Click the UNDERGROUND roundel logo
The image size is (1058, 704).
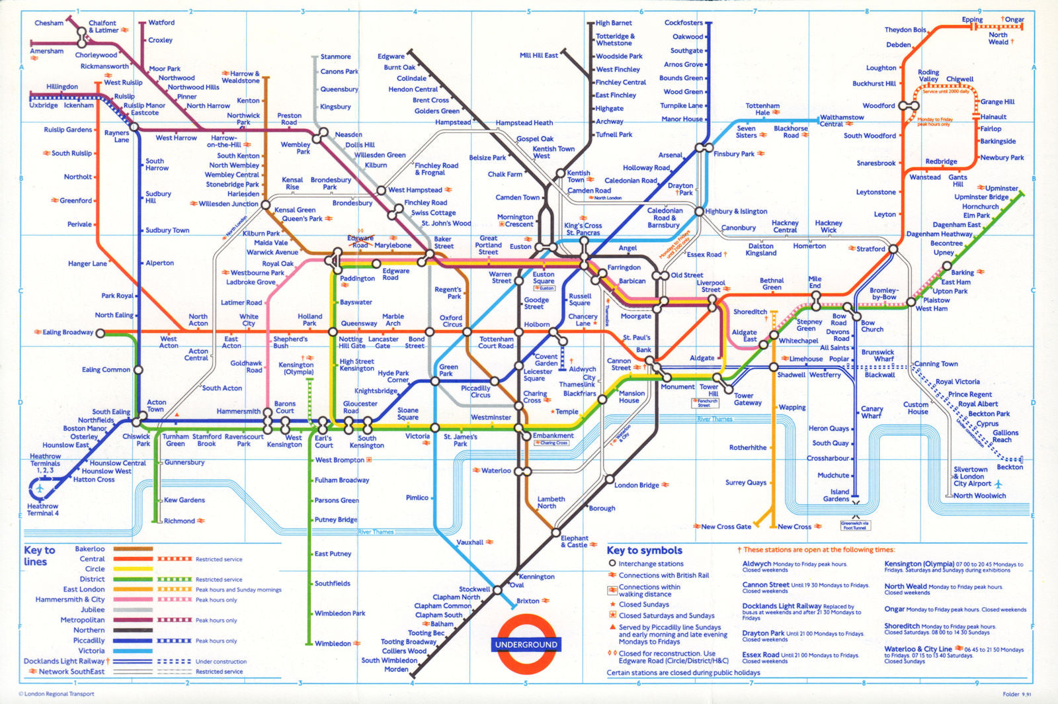pyautogui.click(x=526, y=644)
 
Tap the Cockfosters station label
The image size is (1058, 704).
pyautogui.click(x=683, y=22)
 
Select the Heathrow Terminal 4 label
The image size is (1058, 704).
pyautogui.click(x=43, y=509)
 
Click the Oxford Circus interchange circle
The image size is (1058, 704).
pyautogui.click(x=468, y=332)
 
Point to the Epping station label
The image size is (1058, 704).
pyautogui.click(x=971, y=19)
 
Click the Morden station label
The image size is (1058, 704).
pyautogui.click(x=397, y=669)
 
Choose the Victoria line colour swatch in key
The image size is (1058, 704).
pyautogui.click(x=133, y=651)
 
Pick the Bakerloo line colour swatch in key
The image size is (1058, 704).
pyautogui.click(x=133, y=549)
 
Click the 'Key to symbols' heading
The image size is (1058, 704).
pyautogui.click(x=644, y=550)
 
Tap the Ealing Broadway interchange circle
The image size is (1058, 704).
pyautogui.click(x=101, y=333)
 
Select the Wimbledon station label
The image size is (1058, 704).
pyautogui.click(x=333, y=643)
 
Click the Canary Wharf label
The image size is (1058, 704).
pyautogui.click(x=872, y=412)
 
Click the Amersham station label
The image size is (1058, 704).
pyautogui.click(x=46, y=51)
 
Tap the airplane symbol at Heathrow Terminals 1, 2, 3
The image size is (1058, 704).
pyautogui.click(x=40, y=488)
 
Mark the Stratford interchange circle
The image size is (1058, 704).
pyautogui.click(x=893, y=249)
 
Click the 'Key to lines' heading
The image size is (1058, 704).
pyautogui.click(x=39, y=556)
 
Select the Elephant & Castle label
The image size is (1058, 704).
pyautogui.click(x=574, y=541)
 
